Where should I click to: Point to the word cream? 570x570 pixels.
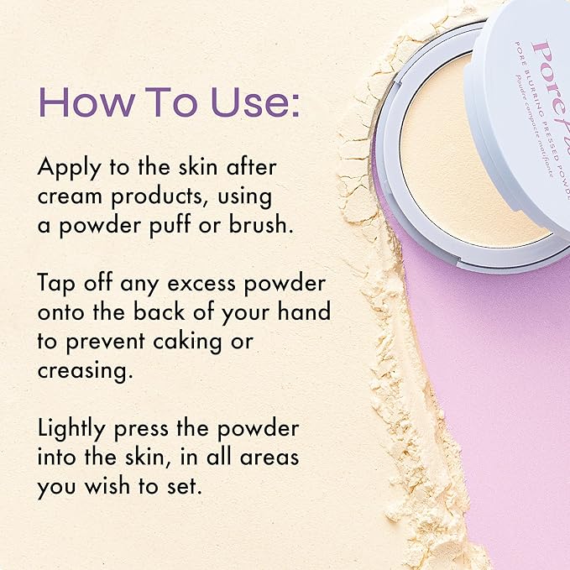click(x=70, y=197)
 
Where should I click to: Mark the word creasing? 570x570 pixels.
click(x=83, y=371)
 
